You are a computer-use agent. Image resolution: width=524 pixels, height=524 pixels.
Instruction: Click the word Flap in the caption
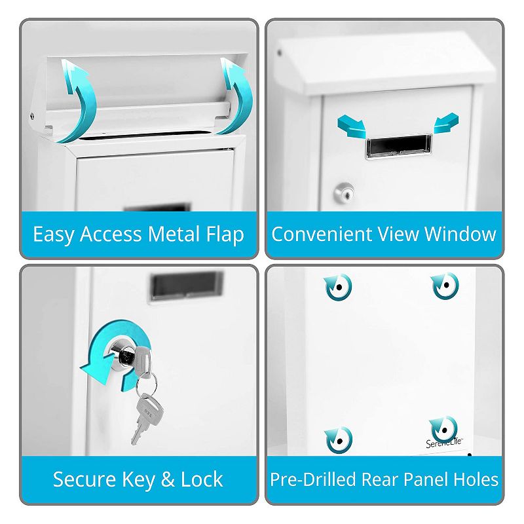click(x=225, y=234)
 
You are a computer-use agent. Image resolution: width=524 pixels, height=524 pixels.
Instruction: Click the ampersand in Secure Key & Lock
click(x=168, y=479)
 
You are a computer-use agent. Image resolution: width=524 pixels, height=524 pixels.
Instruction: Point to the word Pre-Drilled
click(x=313, y=479)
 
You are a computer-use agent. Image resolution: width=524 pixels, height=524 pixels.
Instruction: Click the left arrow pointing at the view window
click(x=352, y=126)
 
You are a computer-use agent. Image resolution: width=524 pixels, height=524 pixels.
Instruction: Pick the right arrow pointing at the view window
click(x=446, y=123)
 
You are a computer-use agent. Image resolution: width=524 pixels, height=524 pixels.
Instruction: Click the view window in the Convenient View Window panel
click(x=398, y=145)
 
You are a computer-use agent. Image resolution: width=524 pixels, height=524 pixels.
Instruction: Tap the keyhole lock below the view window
click(x=344, y=193)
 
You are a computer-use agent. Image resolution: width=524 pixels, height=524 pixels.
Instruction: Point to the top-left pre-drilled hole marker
click(x=338, y=287)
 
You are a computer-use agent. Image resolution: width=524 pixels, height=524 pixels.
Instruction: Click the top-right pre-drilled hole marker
click(x=445, y=286)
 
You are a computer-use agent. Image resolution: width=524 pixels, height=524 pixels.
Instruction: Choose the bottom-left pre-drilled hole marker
click(x=339, y=440)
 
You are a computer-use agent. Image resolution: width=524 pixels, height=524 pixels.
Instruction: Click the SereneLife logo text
click(x=444, y=443)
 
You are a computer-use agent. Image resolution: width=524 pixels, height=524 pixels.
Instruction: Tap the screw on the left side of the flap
click(x=32, y=116)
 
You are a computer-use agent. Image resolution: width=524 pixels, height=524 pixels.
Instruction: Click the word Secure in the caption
click(x=84, y=479)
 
